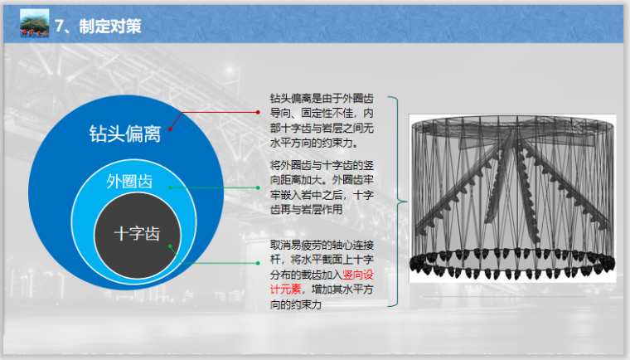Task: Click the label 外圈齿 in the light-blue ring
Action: click(130, 182)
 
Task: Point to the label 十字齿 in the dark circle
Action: click(137, 234)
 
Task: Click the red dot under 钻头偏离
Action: click(171, 129)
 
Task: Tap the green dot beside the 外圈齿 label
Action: click(170, 187)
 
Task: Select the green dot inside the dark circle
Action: click(170, 246)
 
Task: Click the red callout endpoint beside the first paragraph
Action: click(259, 110)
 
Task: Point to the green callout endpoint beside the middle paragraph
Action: click(259, 187)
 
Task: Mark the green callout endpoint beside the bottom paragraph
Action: click(259, 265)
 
